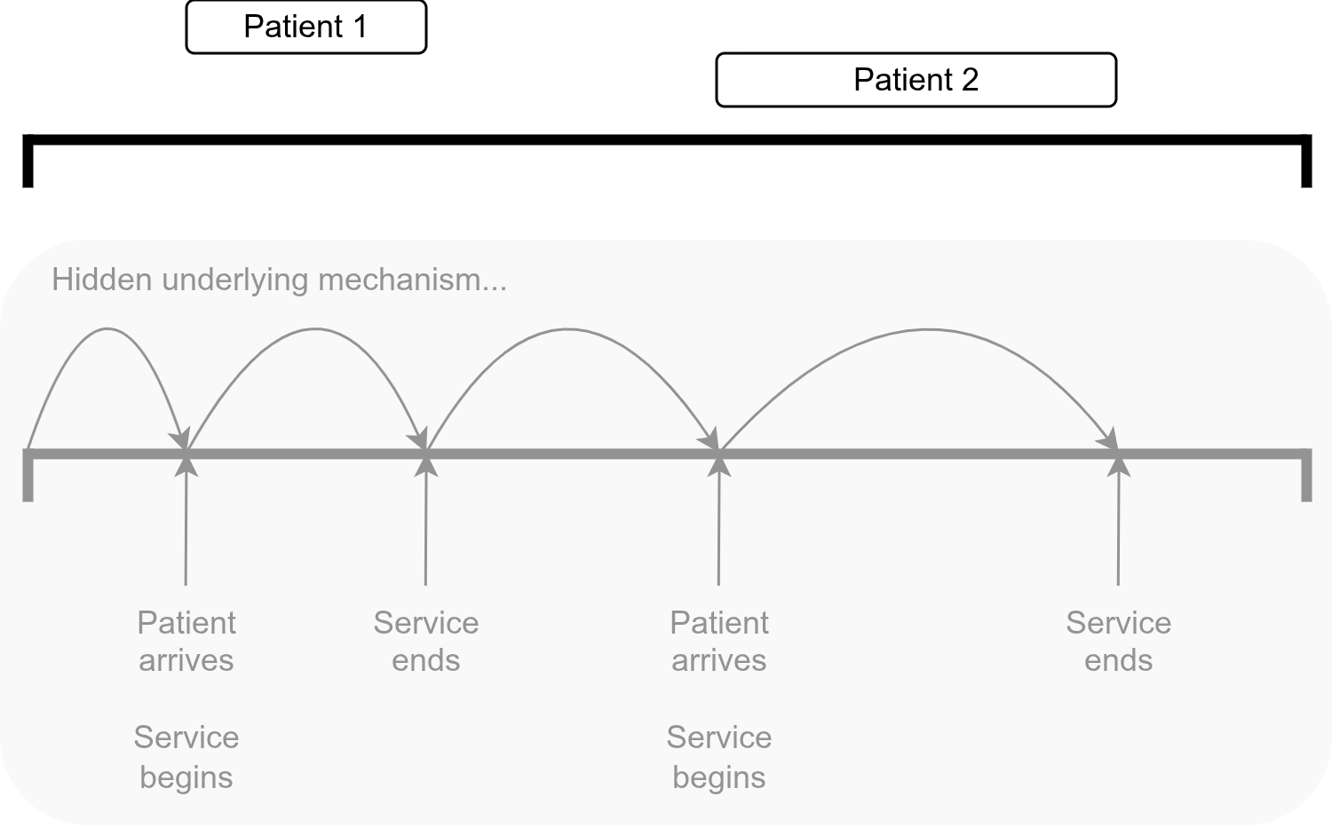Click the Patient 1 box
(x=305, y=28)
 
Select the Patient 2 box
(x=916, y=80)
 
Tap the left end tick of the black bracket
(x=28, y=164)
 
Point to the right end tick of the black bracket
(x=1305, y=164)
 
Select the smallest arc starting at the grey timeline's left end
(x=107, y=329)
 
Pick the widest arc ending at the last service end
(x=926, y=330)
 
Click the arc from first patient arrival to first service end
(x=314, y=329)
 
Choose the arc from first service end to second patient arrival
(x=567, y=330)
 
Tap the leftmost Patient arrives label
(x=186, y=642)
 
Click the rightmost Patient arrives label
(x=719, y=642)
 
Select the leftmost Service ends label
(x=426, y=642)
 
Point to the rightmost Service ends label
(x=1118, y=642)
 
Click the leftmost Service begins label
(x=186, y=757)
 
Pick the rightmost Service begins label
(x=719, y=757)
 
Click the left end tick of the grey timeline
(x=28, y=479)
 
